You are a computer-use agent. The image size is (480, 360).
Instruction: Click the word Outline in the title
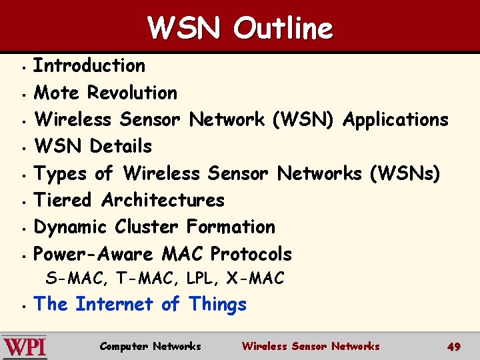click(x=283, y=29)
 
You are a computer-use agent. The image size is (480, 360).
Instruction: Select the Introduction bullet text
click(x=89, y=65)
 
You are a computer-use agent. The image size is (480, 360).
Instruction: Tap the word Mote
click(x=58, y=92)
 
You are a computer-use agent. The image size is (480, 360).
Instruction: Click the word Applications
click(x=395, y=120)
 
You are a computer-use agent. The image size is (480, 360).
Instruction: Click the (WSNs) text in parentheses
click(x=405, y=173)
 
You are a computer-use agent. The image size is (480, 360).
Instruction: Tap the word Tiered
click(x=65, y=199)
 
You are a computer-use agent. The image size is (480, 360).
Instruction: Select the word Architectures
click(x=163, y=199)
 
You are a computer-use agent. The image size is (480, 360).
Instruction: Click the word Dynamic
click(x=71, y=227)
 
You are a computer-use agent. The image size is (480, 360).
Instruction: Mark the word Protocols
click(x=251, y=254)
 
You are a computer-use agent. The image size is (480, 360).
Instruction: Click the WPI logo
click(x=25, y=347)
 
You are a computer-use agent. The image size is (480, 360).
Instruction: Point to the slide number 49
click(x=454, y=347)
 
